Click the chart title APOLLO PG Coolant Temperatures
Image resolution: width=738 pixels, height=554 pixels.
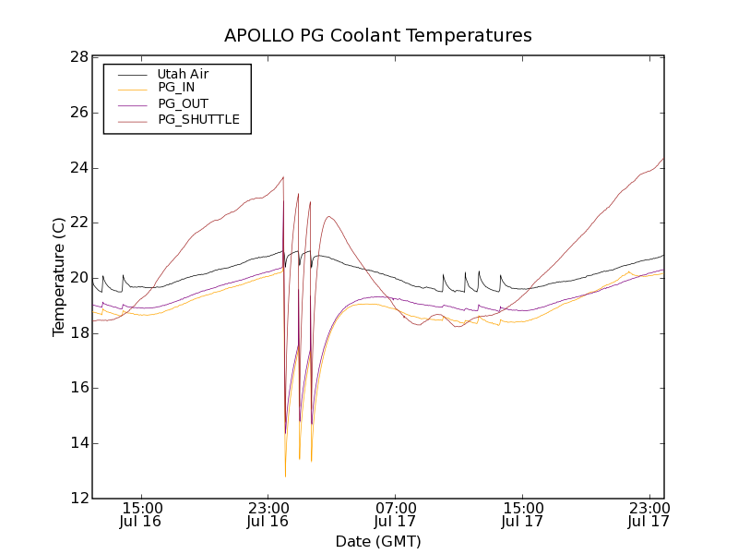point(378,36)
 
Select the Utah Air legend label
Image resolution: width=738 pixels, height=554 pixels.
point(183,74)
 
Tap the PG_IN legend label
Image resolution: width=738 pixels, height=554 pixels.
point(176,89)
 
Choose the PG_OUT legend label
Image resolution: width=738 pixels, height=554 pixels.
point(183,104)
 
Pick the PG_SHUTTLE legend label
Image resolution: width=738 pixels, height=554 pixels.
point(198,120)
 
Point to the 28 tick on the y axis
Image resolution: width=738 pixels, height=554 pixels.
point(77,57)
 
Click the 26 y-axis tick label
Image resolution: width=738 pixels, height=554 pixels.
point(77,113)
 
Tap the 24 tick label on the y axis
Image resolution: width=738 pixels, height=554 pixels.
point(77,168)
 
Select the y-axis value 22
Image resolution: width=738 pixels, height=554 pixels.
point(77,223)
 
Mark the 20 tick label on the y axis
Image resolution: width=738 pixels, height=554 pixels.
point(77,278)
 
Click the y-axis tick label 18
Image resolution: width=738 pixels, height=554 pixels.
point(77,333)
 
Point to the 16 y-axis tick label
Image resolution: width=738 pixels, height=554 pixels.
point(77,388)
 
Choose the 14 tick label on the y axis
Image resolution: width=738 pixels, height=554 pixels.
point(77,443)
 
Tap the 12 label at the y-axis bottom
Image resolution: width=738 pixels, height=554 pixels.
point(77,499)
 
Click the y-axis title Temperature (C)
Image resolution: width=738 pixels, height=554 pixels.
point(59,277)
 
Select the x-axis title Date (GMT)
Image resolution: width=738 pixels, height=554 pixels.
point(378,541)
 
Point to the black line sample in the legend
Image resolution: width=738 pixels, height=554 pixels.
point(129,74)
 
